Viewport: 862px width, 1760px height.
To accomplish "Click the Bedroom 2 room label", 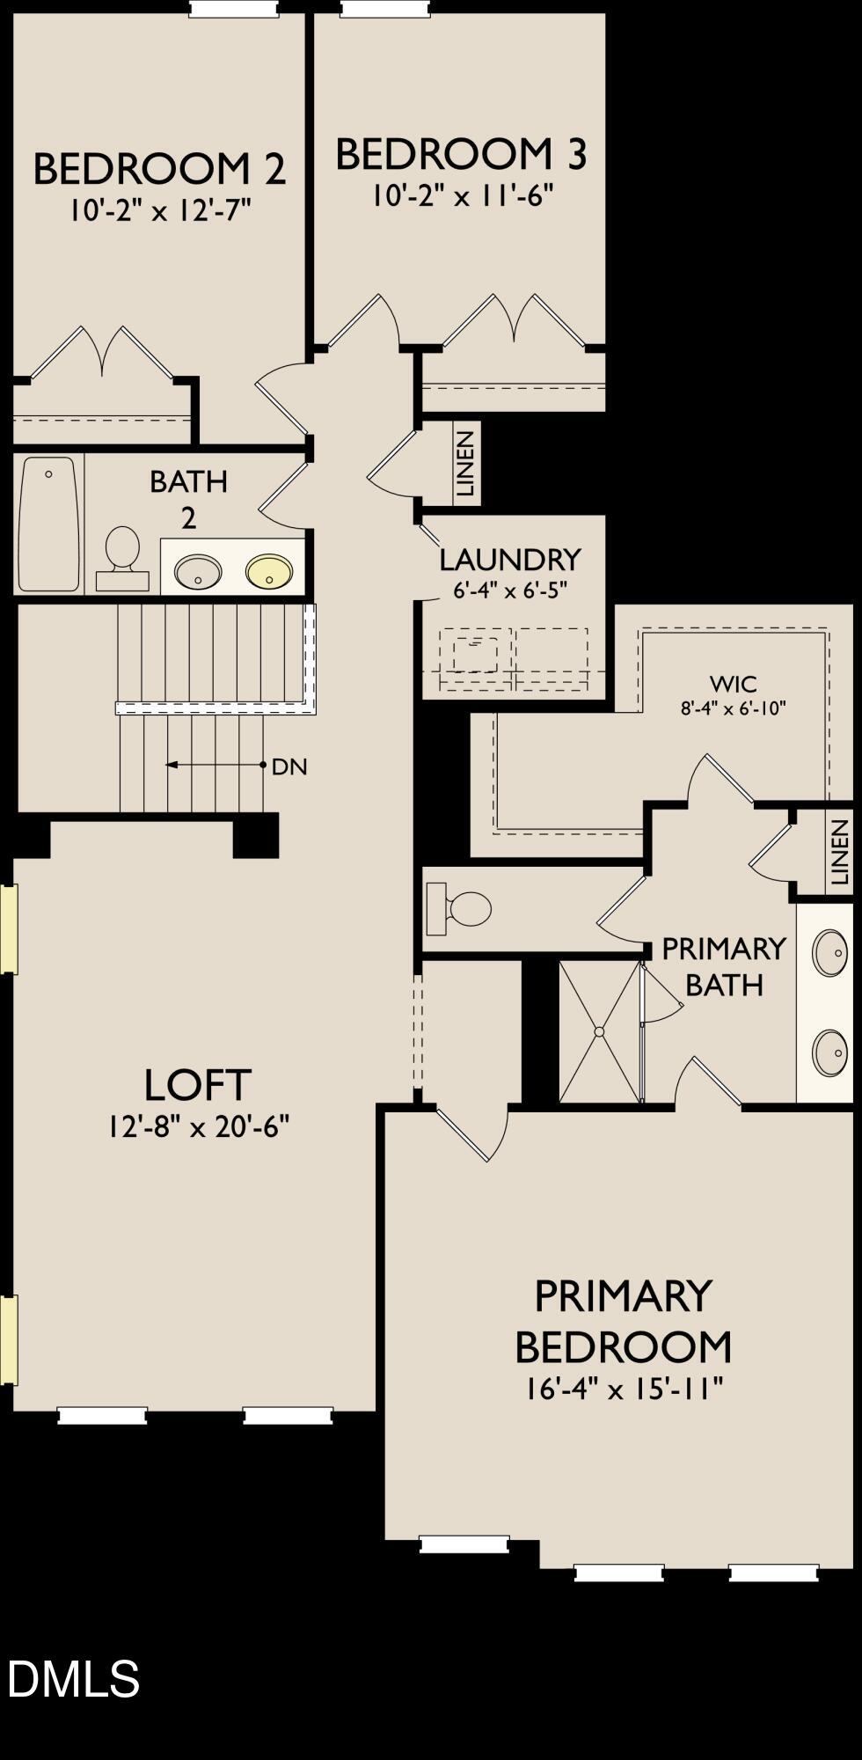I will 159,169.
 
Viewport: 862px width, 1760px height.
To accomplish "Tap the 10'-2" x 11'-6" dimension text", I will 461,194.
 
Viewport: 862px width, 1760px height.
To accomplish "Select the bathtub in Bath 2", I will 48,524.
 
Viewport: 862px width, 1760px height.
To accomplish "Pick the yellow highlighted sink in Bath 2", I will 268,571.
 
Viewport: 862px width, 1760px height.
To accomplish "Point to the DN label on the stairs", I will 289,766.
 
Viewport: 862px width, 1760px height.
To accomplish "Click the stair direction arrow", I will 215,765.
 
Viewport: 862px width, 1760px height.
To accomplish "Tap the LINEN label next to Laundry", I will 466,464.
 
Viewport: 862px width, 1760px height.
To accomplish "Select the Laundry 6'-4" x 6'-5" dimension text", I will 509,590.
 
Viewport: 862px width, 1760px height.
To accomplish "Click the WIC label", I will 733,683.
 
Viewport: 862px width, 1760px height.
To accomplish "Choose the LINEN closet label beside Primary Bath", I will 839,851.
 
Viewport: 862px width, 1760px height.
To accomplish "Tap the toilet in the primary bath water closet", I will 459,909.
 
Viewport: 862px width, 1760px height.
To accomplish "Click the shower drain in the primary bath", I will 600,1031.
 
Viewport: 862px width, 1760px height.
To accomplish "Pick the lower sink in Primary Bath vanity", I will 829,1052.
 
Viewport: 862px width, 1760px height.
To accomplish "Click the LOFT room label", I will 198,1085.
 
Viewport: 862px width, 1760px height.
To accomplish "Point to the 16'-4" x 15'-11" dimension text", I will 624,1389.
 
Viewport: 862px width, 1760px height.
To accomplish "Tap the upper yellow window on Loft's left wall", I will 8,929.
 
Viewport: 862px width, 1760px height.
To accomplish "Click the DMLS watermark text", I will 73,1677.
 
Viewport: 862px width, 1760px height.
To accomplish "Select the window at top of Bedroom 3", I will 386,8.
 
